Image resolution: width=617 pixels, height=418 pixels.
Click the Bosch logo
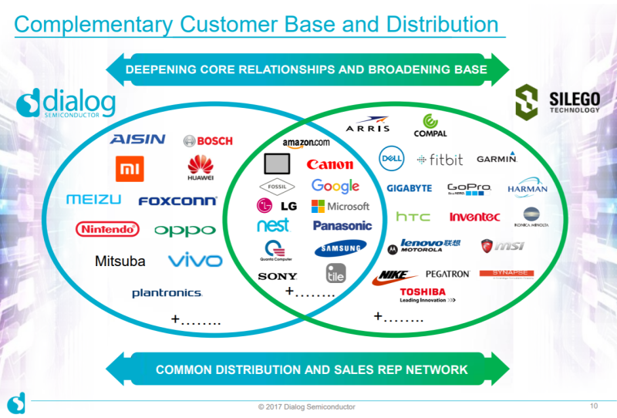click(x=207, y=141)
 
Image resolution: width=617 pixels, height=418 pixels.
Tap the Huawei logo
click(x=200, y=167)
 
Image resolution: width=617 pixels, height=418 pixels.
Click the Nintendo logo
click(x=107, y=229)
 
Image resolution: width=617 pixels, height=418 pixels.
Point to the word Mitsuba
click(x=120, y=261)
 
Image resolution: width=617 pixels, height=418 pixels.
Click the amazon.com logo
click(x=305, y=143)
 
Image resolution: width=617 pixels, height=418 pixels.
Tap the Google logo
click(x=335, y=186)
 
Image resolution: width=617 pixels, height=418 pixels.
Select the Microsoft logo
click(x=340, y=206)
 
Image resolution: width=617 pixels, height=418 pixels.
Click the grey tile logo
click(x=335, y=274)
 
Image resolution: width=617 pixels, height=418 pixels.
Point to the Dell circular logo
click(x=392, y=158)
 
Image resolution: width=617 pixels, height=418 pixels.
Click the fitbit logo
click(x=440, y=160)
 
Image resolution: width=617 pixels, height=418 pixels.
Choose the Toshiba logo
click(x=423, y=295)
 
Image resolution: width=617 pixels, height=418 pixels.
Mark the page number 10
click(x=593, y=406)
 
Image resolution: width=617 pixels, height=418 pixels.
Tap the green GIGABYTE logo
click(x=409, y=188)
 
